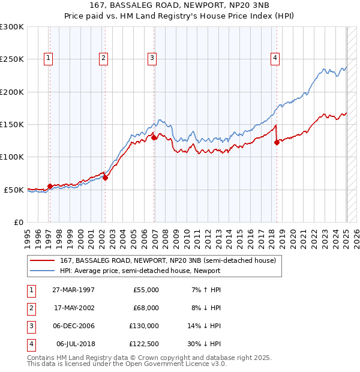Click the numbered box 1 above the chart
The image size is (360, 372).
pyautogui.click(x=47, y=58)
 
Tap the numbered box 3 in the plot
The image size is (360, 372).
pyautogui.click(x=152, y=58)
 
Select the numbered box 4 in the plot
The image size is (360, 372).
pyautogui.click(x=275, y=58)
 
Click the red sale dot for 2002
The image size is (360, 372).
pyautogui.click(x=105, y=178)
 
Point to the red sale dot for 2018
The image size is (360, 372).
pyautogui.click(x=277, y=142)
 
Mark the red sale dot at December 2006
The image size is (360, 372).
pyautogui.click(x=154, y=137)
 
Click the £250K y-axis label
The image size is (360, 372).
pyautogui.click(x=12, y=59)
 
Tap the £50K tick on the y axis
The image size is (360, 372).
pyautogui.click(x=14, y=190)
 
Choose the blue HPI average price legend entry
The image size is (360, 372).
pyautogui.click(x=140, y=271)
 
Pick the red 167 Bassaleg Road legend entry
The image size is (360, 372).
pyautogui.click(x=167, y=260)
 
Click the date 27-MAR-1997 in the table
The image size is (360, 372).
pyautogui.click(x=73, y=290)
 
